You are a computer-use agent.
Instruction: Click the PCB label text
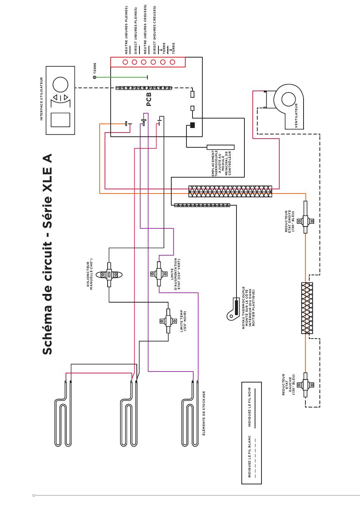149,99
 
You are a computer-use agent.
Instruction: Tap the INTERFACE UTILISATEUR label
41,99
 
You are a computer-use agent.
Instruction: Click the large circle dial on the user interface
60,85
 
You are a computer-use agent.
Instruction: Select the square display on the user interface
60,120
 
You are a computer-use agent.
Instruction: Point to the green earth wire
121,77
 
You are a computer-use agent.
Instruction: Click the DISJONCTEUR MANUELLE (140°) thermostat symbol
109,275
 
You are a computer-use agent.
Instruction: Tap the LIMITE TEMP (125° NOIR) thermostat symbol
168,321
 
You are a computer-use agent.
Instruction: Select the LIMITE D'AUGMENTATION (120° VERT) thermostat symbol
159,274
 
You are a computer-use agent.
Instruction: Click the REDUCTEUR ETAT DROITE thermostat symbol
305,221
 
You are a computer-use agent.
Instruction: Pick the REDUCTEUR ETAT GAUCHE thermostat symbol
305,385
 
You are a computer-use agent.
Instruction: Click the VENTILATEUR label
296,116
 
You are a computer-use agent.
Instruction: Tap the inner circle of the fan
288,99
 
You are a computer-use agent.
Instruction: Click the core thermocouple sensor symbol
233,309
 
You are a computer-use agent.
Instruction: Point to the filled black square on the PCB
193,125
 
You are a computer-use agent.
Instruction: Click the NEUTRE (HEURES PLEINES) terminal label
126,30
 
